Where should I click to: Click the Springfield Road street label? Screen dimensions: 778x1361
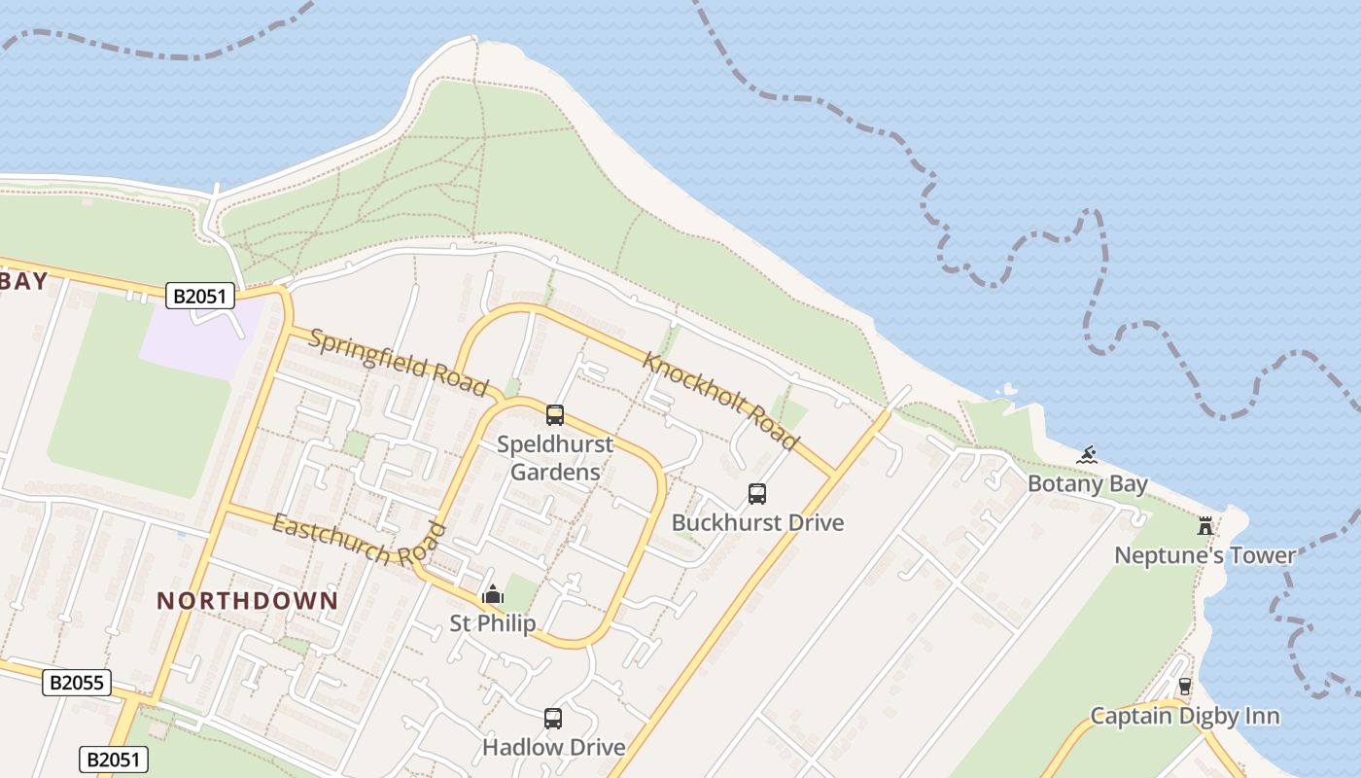[x=398, y=362]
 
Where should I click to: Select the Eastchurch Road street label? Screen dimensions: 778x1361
[x=359, y=543]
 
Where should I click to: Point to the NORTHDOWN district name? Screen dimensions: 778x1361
[x=248, y=600]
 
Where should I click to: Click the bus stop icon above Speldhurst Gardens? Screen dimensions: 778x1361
[x=555, y=415]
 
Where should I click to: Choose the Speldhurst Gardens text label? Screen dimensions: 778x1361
[x=555, y=458]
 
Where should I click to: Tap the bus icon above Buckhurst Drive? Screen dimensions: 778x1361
[x=757, y=494]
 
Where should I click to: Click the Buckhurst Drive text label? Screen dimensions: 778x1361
[x=757, y=522]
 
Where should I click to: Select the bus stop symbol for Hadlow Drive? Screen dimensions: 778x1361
[x=553, y=719]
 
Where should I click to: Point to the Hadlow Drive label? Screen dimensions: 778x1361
[x=553, y=747]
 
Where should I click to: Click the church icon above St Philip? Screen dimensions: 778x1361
[x=493, y=593]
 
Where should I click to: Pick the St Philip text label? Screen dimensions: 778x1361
[x=493, y=622]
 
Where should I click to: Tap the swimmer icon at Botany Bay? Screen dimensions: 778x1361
[x=1087, y=455]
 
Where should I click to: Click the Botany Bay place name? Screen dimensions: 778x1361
[x=1087, y=483]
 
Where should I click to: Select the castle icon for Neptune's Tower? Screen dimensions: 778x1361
[x=1205, y=526]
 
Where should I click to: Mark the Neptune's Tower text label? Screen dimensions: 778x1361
[x=1204, y=555]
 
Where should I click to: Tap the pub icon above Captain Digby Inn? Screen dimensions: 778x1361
[x=1184, y=687]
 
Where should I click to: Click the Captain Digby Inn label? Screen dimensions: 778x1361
[x=1184, y=716]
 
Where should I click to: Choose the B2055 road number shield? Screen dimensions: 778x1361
[x=77, y=683]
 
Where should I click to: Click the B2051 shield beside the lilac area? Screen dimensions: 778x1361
[x=200, y=296]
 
